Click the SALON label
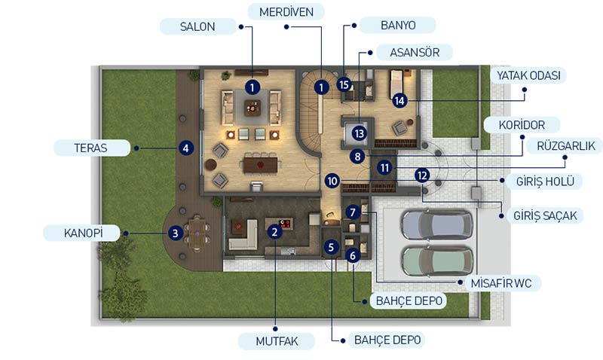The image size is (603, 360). click(197, 26)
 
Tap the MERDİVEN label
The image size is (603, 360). click(286, 12)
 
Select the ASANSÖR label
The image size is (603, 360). click(415, 52)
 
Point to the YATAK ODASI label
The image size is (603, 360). click(528, 75)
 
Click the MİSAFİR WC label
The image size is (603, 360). click(501, 283)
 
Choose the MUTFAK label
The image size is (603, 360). click(277, 340)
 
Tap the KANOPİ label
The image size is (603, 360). click(83, 233)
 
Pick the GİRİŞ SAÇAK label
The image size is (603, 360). click(545, 215)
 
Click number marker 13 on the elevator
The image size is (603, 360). click(359, 133)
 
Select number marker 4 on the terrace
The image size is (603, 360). click(185, 148)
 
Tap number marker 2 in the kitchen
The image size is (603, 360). click(274, 232)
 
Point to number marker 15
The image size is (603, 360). click(344, 84)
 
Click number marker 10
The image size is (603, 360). click(332, 181)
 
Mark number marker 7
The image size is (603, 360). click(353, 212)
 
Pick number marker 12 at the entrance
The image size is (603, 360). click(422, 175)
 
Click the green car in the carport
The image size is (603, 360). click(438, 261)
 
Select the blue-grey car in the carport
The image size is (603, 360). click(438, 224)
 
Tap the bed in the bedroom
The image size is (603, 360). click(396, 84)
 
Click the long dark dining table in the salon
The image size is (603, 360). click(260, 165)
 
